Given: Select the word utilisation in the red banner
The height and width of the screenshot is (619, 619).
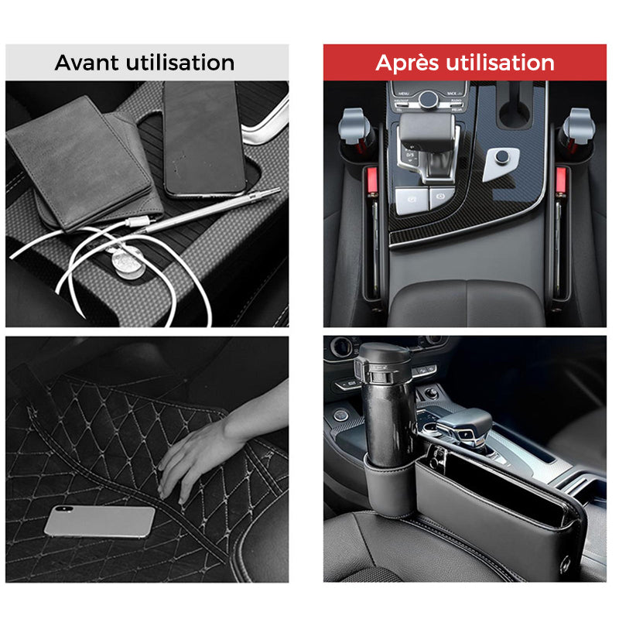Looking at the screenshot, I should pos(504,63).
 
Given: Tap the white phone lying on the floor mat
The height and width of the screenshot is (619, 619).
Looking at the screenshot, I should pos(99,522).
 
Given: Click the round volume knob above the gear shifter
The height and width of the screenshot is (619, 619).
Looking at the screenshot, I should pos(428,98).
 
